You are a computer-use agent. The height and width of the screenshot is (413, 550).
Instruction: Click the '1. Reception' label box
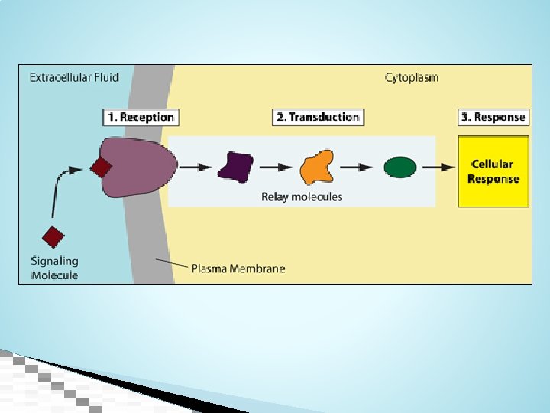(141, 117)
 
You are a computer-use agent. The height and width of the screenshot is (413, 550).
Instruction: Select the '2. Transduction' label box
(318, 117)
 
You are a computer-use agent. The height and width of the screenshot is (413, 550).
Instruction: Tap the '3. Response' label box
(493, 117)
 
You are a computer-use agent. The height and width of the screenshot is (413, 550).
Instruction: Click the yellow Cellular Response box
(493, 171)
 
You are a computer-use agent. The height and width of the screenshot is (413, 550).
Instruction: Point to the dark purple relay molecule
(236, 167)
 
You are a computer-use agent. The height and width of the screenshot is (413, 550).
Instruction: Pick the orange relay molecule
(317, 167)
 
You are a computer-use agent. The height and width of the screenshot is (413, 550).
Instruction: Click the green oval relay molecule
(400, 167)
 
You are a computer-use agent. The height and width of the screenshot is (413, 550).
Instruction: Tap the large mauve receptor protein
(138, 167)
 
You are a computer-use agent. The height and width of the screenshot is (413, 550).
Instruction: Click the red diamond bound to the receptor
(101, 167)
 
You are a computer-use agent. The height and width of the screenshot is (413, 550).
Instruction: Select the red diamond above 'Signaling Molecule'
(53, 237)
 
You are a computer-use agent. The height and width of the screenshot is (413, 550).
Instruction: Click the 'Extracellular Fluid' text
(74, 77)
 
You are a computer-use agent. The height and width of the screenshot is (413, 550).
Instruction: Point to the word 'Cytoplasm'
(412, 77)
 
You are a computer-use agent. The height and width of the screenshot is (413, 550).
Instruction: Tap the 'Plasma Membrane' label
(238, 268)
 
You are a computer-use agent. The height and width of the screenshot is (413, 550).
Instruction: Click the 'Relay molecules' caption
(302, 197)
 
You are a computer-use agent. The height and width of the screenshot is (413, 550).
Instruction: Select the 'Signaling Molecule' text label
(55, 268)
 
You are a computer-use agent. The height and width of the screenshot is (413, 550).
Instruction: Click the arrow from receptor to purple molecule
(195, 167)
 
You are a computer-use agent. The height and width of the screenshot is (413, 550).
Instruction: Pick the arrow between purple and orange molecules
(276, 167)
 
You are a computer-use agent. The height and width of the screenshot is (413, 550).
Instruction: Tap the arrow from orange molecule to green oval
(356, 167)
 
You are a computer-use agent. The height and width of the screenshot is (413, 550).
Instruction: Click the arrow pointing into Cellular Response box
(438, 167)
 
